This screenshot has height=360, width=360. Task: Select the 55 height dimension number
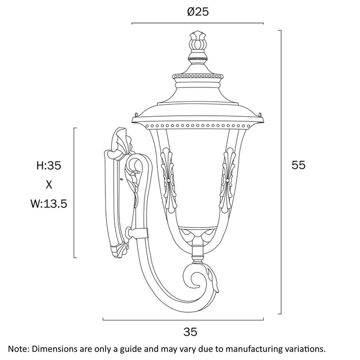pos(298,165)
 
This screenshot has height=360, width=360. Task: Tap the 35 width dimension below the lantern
pos(190,332)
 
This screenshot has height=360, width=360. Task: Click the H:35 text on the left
pos(49,166)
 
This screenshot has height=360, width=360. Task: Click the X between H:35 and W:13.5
pos(49,184)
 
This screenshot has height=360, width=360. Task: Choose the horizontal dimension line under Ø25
pos(197,23)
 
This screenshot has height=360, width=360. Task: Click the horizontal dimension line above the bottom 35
pos(190,319)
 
